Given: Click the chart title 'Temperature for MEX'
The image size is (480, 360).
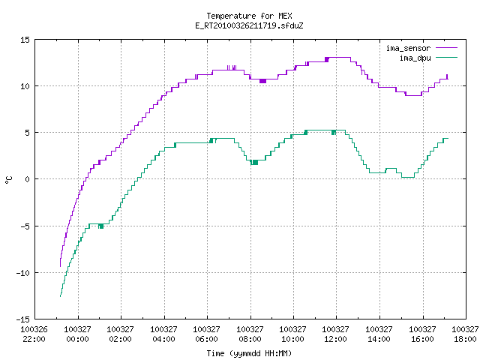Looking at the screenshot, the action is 249,16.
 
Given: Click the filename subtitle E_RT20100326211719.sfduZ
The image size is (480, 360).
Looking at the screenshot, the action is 249,25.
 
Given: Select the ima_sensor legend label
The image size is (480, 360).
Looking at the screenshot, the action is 408,48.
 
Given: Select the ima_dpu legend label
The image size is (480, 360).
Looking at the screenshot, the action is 415,58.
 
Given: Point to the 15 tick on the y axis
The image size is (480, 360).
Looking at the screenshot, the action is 25,40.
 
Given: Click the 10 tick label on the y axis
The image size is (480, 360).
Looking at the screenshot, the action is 25,86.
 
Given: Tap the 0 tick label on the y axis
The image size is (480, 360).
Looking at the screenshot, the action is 27,179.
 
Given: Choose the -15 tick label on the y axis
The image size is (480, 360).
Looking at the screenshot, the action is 23,319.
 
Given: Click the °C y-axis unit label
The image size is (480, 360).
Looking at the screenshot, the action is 8,180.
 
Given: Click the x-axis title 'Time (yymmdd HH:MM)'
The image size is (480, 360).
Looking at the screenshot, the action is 249,353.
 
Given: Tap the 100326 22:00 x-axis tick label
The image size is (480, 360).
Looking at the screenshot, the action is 34,334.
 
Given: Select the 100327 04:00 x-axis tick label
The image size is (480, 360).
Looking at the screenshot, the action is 163,334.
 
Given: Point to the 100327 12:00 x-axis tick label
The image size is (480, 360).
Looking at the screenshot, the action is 335,334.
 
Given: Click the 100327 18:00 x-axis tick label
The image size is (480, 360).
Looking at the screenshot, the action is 465,334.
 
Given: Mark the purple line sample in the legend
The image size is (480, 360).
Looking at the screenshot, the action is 447,48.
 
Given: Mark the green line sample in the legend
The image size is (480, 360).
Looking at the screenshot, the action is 447,57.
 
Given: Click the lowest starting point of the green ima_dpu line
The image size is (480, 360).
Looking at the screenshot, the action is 60,296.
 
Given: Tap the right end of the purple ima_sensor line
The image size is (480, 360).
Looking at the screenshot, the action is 448,79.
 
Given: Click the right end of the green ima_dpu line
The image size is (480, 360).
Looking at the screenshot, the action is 448,138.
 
